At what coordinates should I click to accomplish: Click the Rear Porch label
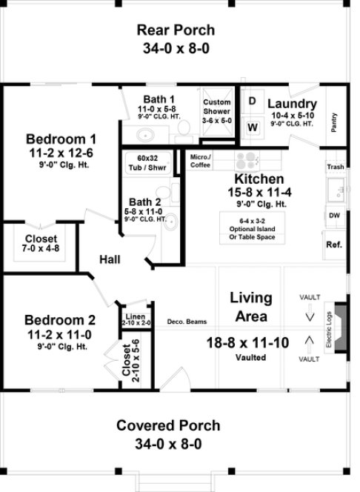[x=176, y=30]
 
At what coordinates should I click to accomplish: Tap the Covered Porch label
[x=168, y=425]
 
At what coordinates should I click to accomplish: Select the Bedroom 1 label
[x=61, y=139]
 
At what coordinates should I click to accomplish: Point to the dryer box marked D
[x=252, y=101]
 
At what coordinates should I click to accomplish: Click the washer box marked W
[x=252, y=127]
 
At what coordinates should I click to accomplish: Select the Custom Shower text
[x=217, y=106]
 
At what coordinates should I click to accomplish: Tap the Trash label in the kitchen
[x=335, y=167]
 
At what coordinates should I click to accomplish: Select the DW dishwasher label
[x=334, y=216]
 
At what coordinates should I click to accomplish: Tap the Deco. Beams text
[x=187, y=321]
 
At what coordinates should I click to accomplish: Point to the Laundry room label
[x=292, y=104]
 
